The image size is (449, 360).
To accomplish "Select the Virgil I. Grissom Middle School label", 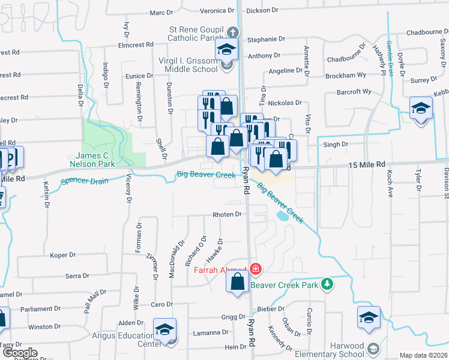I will pyautogui.click(x=187, y=65).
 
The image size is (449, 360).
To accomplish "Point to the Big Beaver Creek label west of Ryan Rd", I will pyautogui.click(x=206, y=175).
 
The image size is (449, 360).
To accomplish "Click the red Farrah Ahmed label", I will pyautogui.click(x=220, y=269).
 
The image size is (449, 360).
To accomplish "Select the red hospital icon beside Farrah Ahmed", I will pyautogui.click(x=256, y=269).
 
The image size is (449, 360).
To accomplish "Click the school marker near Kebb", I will pyautogui.click(x=421, y=109).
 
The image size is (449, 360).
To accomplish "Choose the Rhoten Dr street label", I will pyautogui.click(x=227, y=214).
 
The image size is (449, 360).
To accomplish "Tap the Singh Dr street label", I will pyautogui.click(x=336, y=145).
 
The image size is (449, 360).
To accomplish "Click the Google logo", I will pyautogui.click(x=19, y=353).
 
